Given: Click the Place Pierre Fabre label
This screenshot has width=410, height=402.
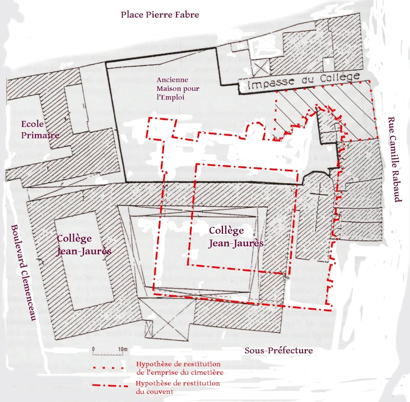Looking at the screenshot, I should click(x=159, y=15).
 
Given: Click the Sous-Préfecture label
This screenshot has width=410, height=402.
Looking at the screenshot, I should click(x=278, y=350).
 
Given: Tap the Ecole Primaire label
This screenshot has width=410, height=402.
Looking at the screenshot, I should click(x=40, y=130).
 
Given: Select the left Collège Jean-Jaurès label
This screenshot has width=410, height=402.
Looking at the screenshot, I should click(x=84, y=245).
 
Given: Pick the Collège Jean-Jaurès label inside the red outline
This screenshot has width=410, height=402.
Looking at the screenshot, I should click(x=236, y=237).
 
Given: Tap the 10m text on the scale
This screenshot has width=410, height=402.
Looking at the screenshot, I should click(x=122, y=349).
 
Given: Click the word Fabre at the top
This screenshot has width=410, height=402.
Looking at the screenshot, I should click(x=186, y=15).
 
